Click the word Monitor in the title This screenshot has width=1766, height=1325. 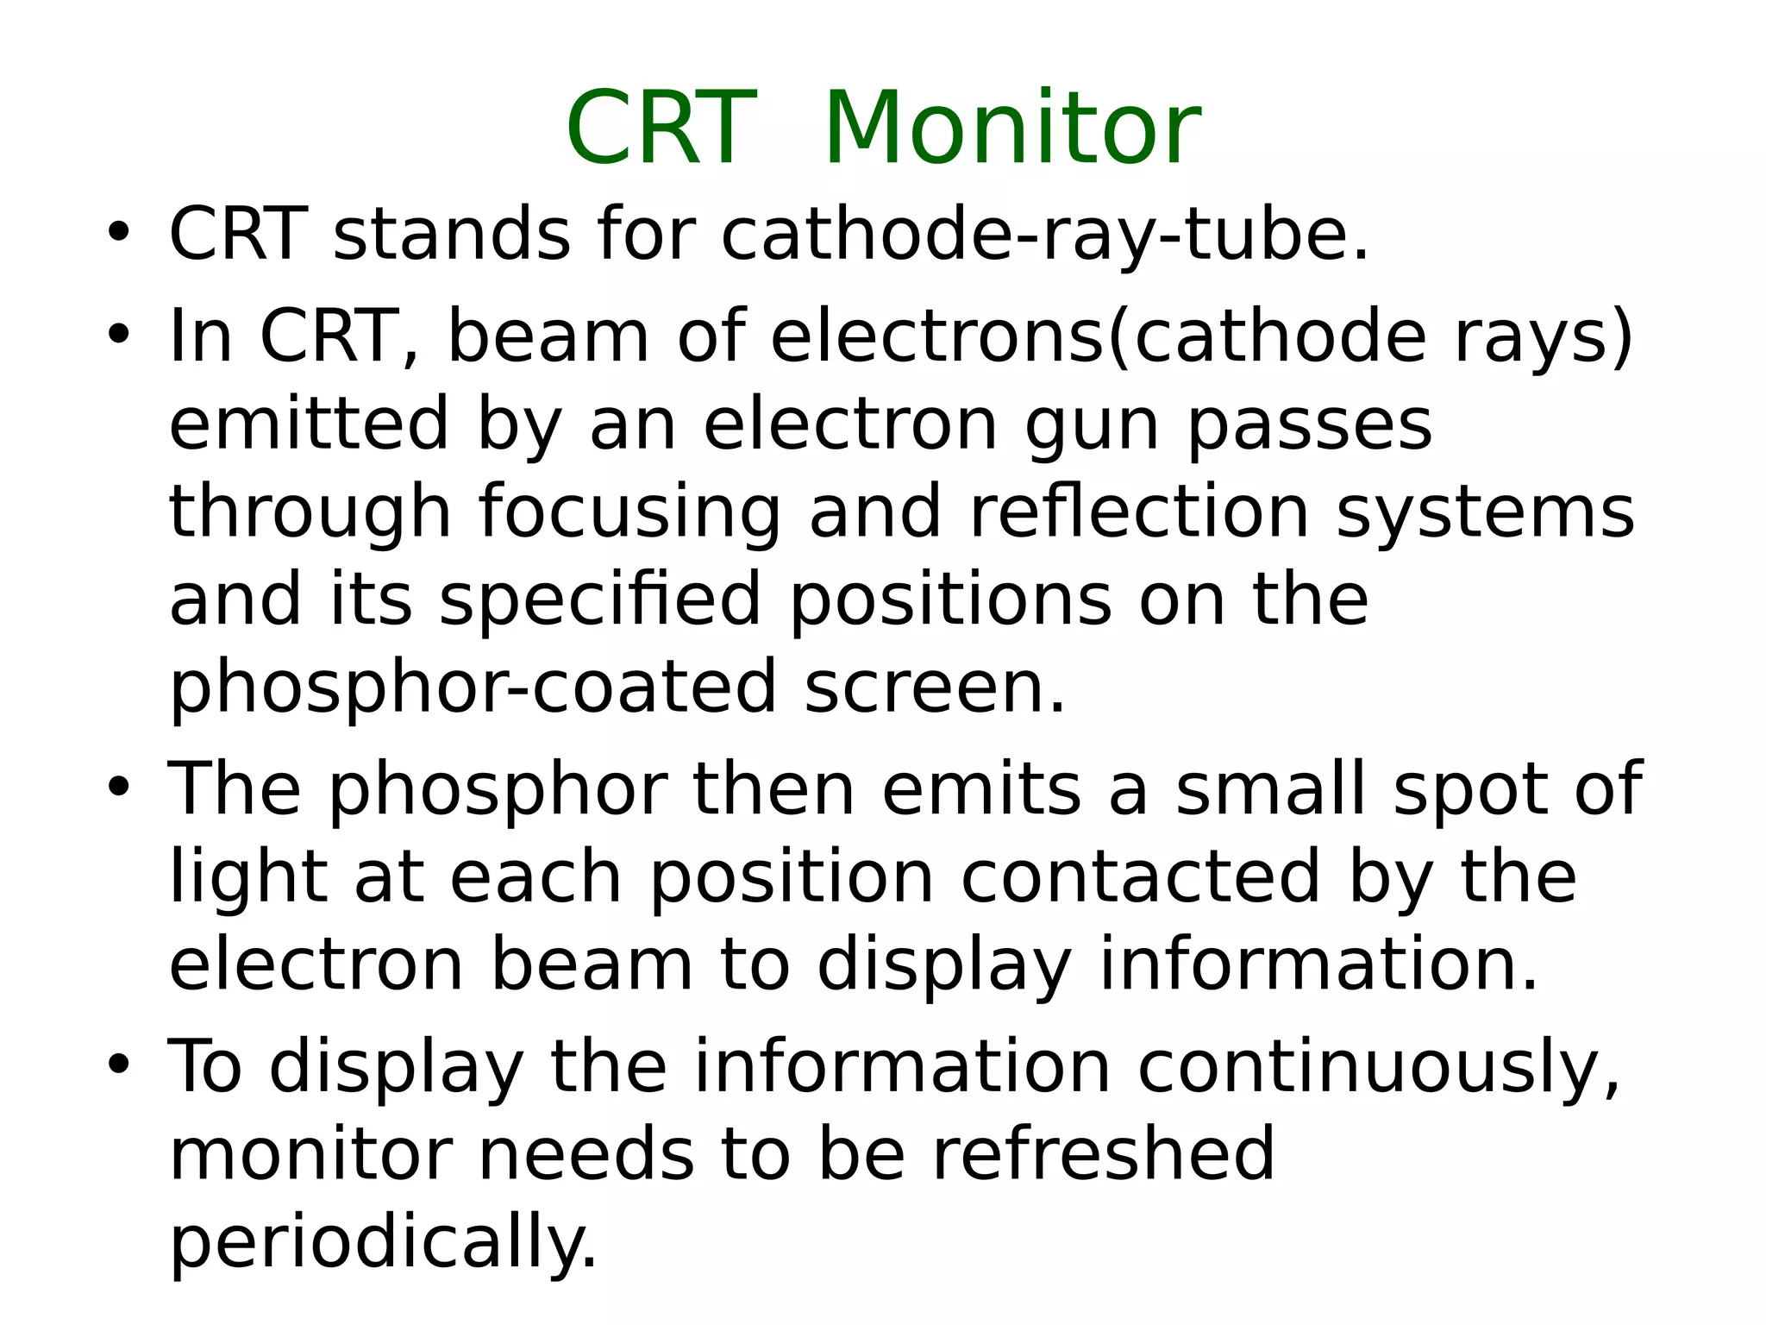[x=1012, y=129]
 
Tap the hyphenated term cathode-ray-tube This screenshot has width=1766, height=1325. [x=1043, y=235]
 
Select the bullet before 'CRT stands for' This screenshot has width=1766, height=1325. [x=118, y=233]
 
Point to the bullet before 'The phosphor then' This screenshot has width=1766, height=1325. [x=118, y=788]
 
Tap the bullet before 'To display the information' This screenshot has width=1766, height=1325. [x=118, y=1064]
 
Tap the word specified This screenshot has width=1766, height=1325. [x=600, y=600]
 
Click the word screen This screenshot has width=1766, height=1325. [x=935, y=688]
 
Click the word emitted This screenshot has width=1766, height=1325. [x=309, y=424]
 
